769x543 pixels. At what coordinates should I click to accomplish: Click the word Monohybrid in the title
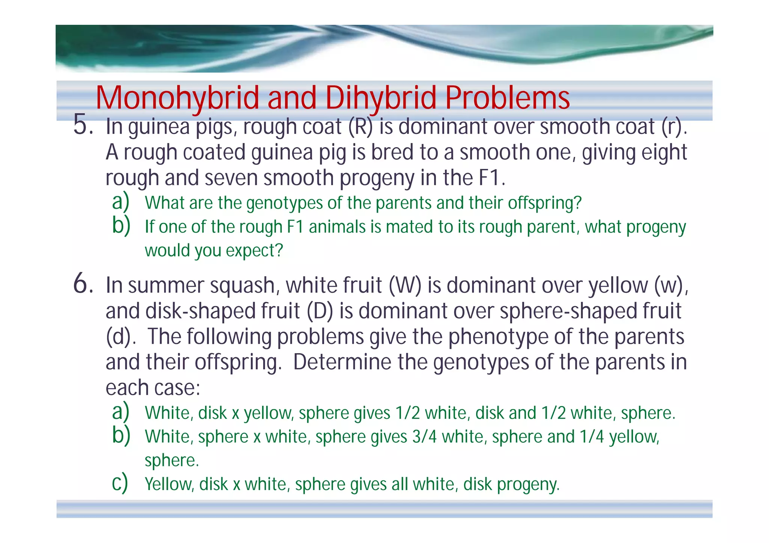point(177,98)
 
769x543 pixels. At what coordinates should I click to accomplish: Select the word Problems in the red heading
point(507,98)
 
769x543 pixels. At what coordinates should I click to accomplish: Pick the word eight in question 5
point(664,152)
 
